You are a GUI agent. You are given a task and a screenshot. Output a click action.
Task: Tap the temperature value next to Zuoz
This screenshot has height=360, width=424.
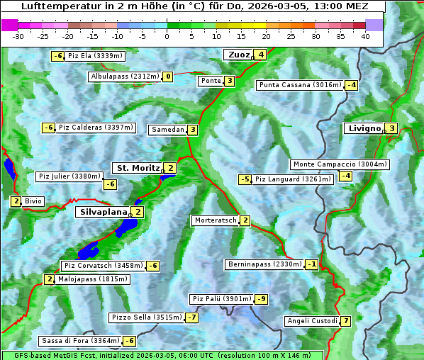point(261,55)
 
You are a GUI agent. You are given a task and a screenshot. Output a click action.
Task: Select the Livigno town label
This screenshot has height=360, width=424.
point(364,128)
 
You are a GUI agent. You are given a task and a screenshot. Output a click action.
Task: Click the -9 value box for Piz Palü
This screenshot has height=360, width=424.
point(261,299)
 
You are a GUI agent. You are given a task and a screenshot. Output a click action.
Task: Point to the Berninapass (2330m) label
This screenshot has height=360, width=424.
point(264,264)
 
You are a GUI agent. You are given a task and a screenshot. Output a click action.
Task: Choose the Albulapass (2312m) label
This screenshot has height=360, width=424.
point(125,77)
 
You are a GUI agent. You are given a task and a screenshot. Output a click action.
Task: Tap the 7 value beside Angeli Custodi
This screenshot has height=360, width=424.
point(345,321)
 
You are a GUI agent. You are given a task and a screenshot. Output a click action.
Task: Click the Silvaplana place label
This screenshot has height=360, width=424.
point(104,211)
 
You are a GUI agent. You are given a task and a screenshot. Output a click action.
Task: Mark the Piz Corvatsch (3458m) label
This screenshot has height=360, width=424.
point(102,266)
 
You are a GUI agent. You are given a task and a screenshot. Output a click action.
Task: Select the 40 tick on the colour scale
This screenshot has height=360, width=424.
point(365,36)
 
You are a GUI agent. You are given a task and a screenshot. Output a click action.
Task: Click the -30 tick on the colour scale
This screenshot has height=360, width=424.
point(18,36)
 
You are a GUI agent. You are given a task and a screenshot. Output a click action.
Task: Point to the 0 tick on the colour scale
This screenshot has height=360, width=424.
point(167,36)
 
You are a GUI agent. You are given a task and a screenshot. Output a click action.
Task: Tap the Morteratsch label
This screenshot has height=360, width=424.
point(216,220)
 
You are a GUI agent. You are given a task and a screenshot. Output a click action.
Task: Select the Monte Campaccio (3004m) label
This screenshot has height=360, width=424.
point(340,164)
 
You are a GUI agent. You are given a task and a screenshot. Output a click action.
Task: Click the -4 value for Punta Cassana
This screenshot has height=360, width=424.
point(351,85)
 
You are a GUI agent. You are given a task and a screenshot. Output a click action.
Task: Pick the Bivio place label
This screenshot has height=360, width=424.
point(33,201)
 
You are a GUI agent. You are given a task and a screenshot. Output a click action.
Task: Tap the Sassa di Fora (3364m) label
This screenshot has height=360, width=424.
point(79,340)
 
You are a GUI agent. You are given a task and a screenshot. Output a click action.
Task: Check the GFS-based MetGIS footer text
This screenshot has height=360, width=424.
point(162,355)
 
